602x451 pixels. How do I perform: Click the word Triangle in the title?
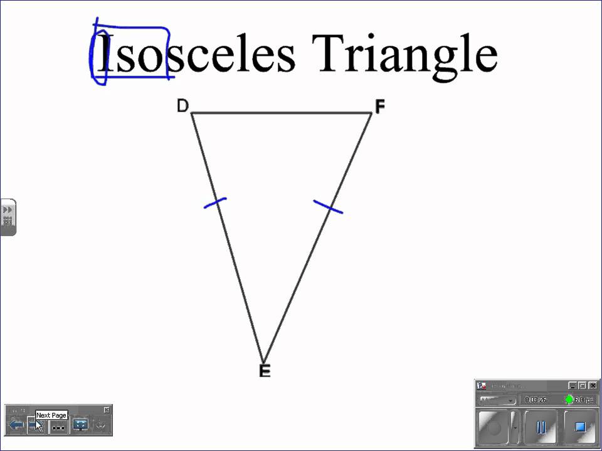point(404,53)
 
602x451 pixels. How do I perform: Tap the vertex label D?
point(182,106)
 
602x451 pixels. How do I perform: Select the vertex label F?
point(379,107)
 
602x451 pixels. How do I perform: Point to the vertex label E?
point(265,371)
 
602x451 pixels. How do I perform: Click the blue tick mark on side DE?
point(215,202)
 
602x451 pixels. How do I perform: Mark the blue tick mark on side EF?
point(328,207)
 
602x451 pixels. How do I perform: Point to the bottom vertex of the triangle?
point(263,360)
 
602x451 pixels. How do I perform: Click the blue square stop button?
point(580,427)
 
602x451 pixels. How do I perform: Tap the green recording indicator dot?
point(569,400)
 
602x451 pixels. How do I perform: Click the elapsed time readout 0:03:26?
point(535,400)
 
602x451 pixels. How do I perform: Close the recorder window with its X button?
point(593,385)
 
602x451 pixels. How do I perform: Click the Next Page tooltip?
point(51,415)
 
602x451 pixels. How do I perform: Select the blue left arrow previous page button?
point(16,425)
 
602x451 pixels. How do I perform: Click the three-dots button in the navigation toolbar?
point(58,427)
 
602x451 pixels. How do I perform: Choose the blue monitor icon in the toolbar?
point(80,425)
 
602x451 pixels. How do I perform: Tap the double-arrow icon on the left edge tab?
point(8,209)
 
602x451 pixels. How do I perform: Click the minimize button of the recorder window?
point(573,385)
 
